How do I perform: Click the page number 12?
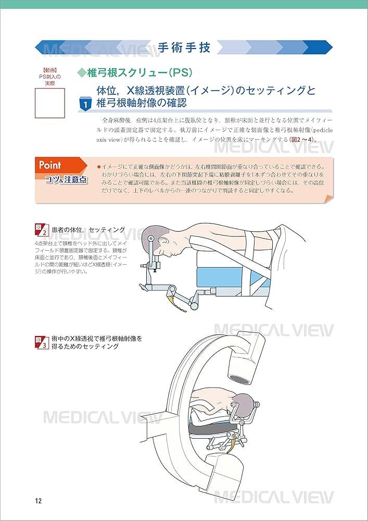click(x=38, y=501)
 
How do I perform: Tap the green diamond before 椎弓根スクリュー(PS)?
click(x=81, y=72)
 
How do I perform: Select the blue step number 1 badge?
click(x=85, y=104)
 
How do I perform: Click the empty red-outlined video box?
click(x=49, y=103)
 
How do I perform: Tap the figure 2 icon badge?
click(x=41, y=230)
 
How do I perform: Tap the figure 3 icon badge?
click(x=41, y=342)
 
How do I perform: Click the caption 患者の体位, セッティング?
click(x=88, y=230)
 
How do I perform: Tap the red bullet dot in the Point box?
click(x=98, y=166)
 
